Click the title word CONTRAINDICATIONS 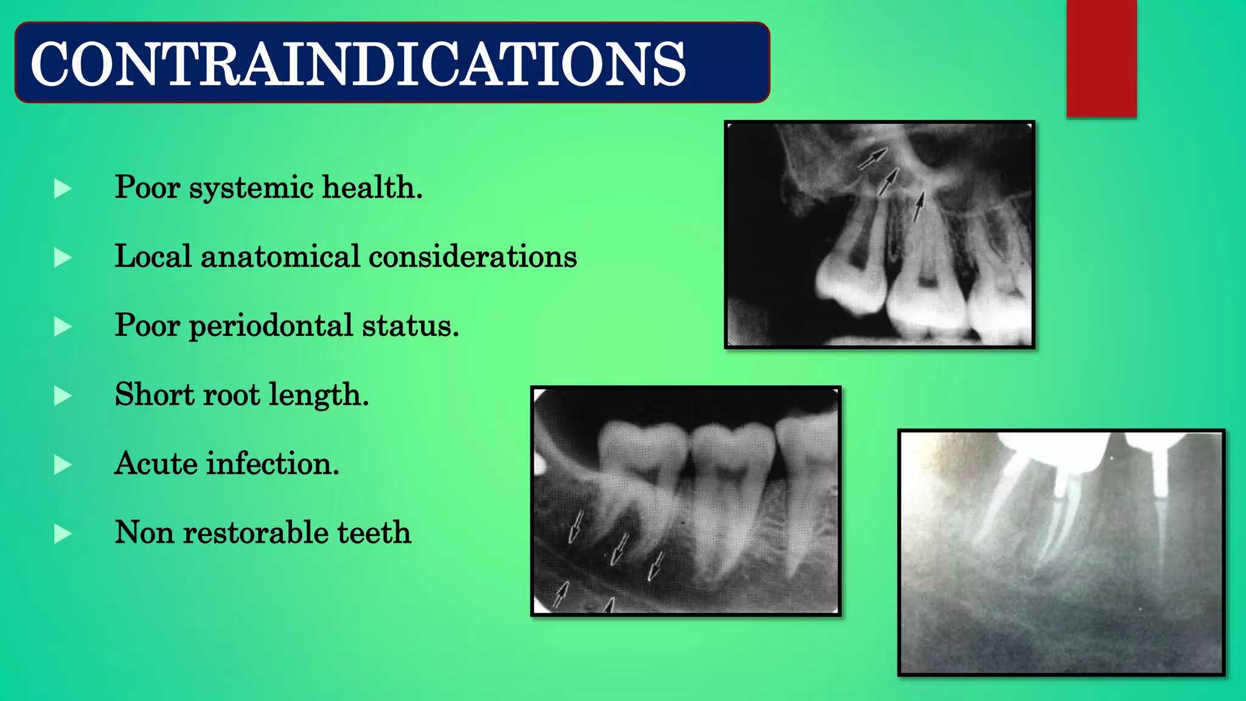358,64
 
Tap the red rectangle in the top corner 1101,58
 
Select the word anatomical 280,256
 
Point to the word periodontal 271,326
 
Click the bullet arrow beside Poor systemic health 63,189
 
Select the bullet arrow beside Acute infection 63,465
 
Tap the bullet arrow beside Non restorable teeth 63,534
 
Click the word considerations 473,256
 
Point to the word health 372,187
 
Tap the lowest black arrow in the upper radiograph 918,207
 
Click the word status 410,326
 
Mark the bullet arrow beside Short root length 63,396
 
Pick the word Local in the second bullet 153,256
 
